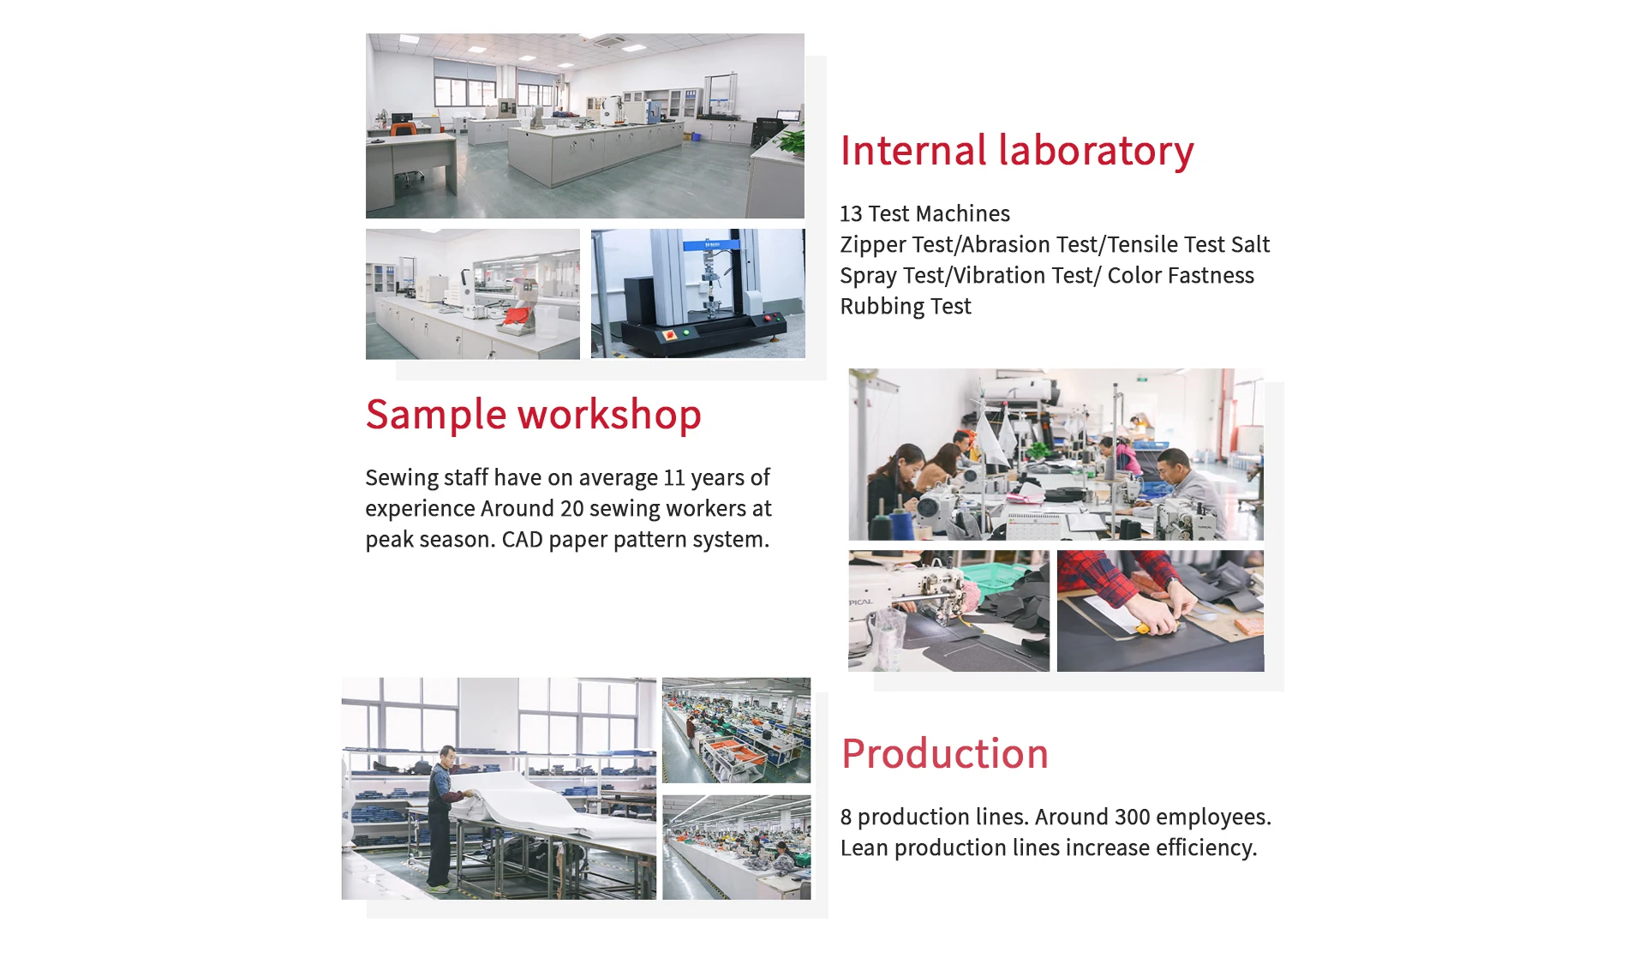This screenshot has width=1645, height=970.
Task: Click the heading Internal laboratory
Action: (1017, 151)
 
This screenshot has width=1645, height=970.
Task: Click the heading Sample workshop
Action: (533, 416)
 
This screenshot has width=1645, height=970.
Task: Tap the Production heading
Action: (945, 754)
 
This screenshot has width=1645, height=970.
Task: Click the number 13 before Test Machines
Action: (851, 213)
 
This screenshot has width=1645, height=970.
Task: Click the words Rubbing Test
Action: (906, 307)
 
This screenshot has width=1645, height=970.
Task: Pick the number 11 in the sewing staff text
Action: (674, 477)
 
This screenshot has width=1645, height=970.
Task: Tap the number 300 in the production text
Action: (1132, 817)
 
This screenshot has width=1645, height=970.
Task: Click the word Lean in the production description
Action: (864, 847)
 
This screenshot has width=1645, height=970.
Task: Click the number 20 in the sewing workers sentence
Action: (571, 508)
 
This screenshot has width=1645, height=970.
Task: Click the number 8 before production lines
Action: (846, 817)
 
